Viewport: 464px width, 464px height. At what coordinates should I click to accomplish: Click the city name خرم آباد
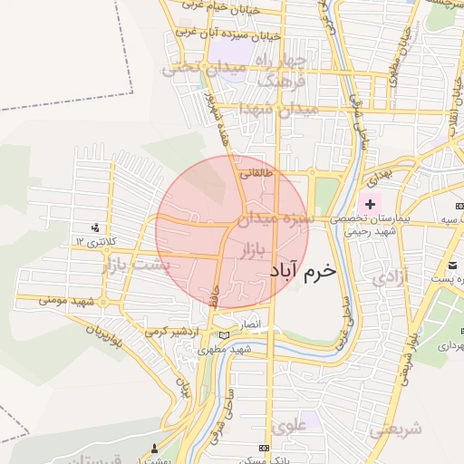(303, 270)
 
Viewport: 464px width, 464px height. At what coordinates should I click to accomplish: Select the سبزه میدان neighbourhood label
(275, 218)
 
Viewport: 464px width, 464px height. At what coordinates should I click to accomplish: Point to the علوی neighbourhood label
(289, 424)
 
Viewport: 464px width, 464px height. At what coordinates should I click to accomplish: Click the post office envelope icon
(452, 265)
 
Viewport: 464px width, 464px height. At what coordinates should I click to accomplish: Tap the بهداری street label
(379, 169)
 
